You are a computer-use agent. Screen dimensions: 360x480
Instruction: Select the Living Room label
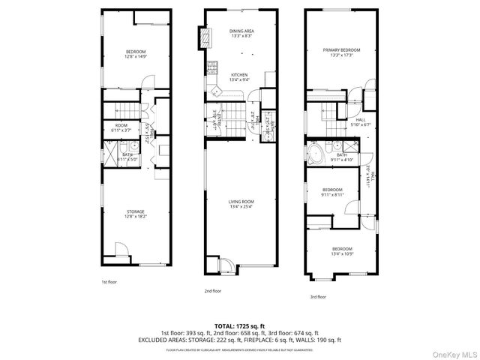pyautogui.click(x=241, y=203)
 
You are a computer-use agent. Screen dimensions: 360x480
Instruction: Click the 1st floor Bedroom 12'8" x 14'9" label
pyautogui.click(x=136, y=52)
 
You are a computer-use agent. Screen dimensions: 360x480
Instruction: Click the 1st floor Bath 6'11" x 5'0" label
pyautogui.click(x=127, y=157)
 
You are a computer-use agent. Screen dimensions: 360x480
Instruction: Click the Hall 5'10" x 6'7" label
pyautogui.click(x=361, y=122)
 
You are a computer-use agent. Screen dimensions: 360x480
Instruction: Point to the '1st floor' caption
pyautogui.click(x=109, y=282)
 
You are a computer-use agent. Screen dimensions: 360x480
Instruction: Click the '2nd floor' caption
pyautogui.click(x=212, y=290)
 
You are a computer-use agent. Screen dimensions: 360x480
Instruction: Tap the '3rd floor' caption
pyautogui.click(x=318, y=296)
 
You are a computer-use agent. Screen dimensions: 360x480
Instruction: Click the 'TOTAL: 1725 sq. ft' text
pyautogui.click(x=239, y=325)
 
